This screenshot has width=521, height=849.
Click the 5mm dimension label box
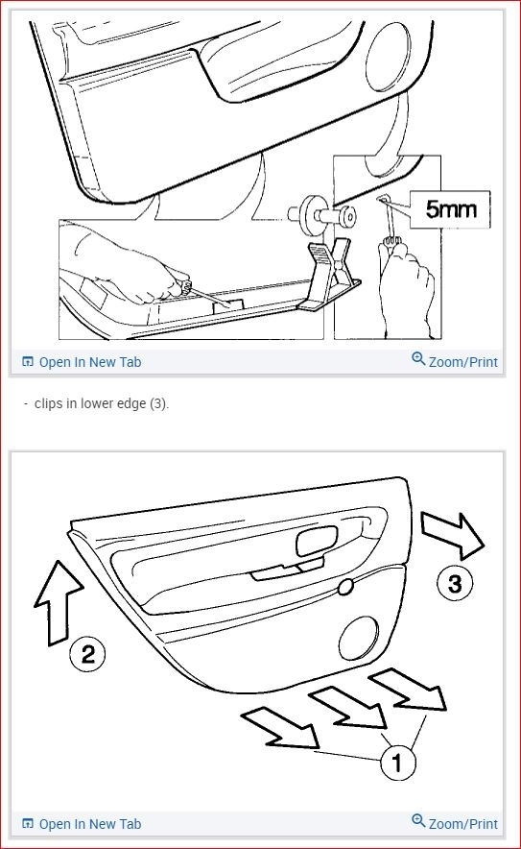point(450,209)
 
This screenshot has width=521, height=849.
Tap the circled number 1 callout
point(398,763)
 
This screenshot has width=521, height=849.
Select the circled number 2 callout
point(87,654)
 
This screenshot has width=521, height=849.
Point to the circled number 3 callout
point(455,584)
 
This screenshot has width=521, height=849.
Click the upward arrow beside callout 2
point(58,602)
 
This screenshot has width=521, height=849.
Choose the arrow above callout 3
point(452,535)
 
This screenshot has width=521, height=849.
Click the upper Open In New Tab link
point(82,362)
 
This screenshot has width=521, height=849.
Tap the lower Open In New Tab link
point(82,824)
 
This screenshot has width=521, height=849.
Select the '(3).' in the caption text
point(159,404)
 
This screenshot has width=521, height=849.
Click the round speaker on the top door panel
point(388,57)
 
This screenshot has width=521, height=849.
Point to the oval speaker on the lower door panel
point(358,638)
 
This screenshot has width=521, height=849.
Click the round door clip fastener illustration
point(321,215)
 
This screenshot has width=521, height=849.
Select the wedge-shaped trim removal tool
point(329,276)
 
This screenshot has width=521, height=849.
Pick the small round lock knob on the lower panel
point(345,587)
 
